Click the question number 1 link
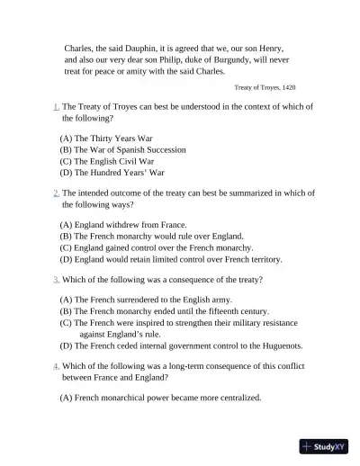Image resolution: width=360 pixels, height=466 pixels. (56, 106)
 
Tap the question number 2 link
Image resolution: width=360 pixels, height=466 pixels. (56, 193)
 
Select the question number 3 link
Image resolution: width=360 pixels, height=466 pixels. (56, 280)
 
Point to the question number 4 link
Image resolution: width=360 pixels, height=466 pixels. (56, 366)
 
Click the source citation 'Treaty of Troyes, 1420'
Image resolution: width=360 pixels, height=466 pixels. (265, 87)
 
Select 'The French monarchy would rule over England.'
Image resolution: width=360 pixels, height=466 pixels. (148, 236)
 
